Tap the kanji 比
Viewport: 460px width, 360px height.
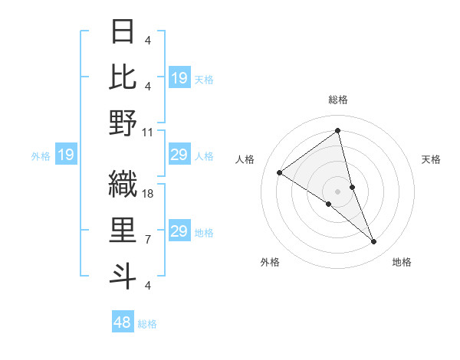click(x=123, y=77)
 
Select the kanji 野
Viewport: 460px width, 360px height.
click(x=123, y=123)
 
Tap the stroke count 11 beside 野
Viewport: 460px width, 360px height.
click(x=148, y=133)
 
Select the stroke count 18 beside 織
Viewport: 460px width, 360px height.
click(x=148, y=194)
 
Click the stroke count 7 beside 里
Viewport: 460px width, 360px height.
click(x=147, y=240)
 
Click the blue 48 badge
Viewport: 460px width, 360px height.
click(x=123, y=322)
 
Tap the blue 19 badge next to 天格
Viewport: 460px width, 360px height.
click(x=179, y=77)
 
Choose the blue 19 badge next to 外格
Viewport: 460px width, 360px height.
click(x=65, y=155)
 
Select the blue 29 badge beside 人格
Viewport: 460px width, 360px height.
click(x=179, y=155)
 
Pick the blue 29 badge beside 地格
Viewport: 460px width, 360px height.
click(x=179, y=231)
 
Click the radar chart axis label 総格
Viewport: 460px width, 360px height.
click(x=337, y=100)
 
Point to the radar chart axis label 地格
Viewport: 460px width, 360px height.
click(x=402, y=262)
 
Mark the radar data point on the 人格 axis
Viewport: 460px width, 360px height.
click(x=279, y=172)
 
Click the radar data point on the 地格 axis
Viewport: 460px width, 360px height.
click(x=374, y=242)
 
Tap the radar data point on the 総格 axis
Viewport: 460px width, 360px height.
click(x=337, y=131)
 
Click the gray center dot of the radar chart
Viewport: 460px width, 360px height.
click(x=337, y=191)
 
